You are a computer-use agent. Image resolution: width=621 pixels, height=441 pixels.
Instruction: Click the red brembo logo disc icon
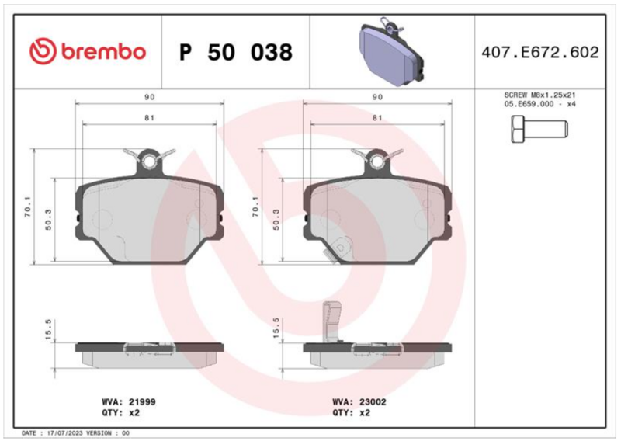tap(43, 51)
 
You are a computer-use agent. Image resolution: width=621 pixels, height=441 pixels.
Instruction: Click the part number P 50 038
tap(236, 52)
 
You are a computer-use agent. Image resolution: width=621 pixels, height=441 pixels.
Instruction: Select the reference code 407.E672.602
tap(540, 52)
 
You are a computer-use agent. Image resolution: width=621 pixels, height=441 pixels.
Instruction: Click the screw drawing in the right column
tap(539, 129)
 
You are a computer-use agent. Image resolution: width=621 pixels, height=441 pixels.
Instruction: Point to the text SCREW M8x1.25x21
tap(539, 95)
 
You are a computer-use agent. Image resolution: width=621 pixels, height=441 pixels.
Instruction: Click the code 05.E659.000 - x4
tap(539, 104)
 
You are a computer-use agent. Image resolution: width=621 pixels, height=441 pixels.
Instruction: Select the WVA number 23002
tap(373, 401)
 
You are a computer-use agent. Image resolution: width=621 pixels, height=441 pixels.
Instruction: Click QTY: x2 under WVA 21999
tap(121, 412)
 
